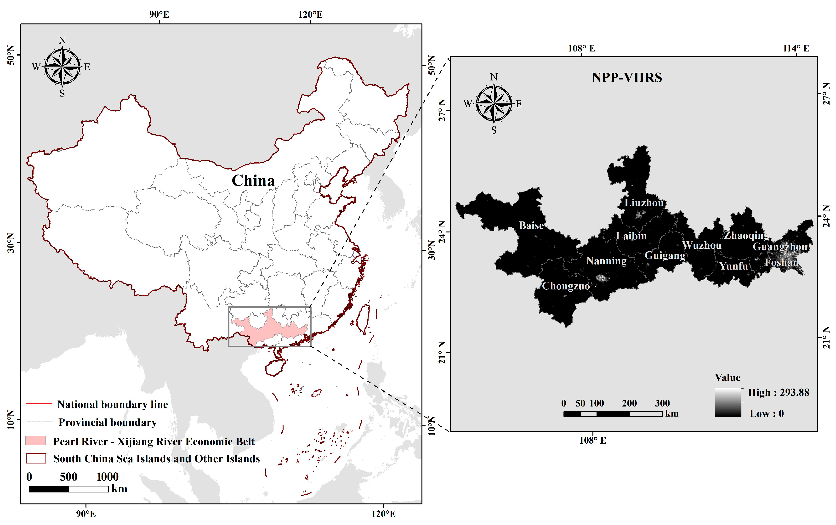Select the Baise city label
(531, 226)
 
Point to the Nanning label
(606, 261)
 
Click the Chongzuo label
(566, 286)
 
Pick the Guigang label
(665, 256)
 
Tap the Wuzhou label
(702, 245)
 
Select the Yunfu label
(733, 266)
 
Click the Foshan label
(781, 262)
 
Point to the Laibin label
(631, 236)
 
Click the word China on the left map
(253, 181)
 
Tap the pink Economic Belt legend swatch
(35, 441)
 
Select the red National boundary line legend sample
(39, 404)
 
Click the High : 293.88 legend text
(778, 392)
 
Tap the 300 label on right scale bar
(662, 403)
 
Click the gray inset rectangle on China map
(269, 307)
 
